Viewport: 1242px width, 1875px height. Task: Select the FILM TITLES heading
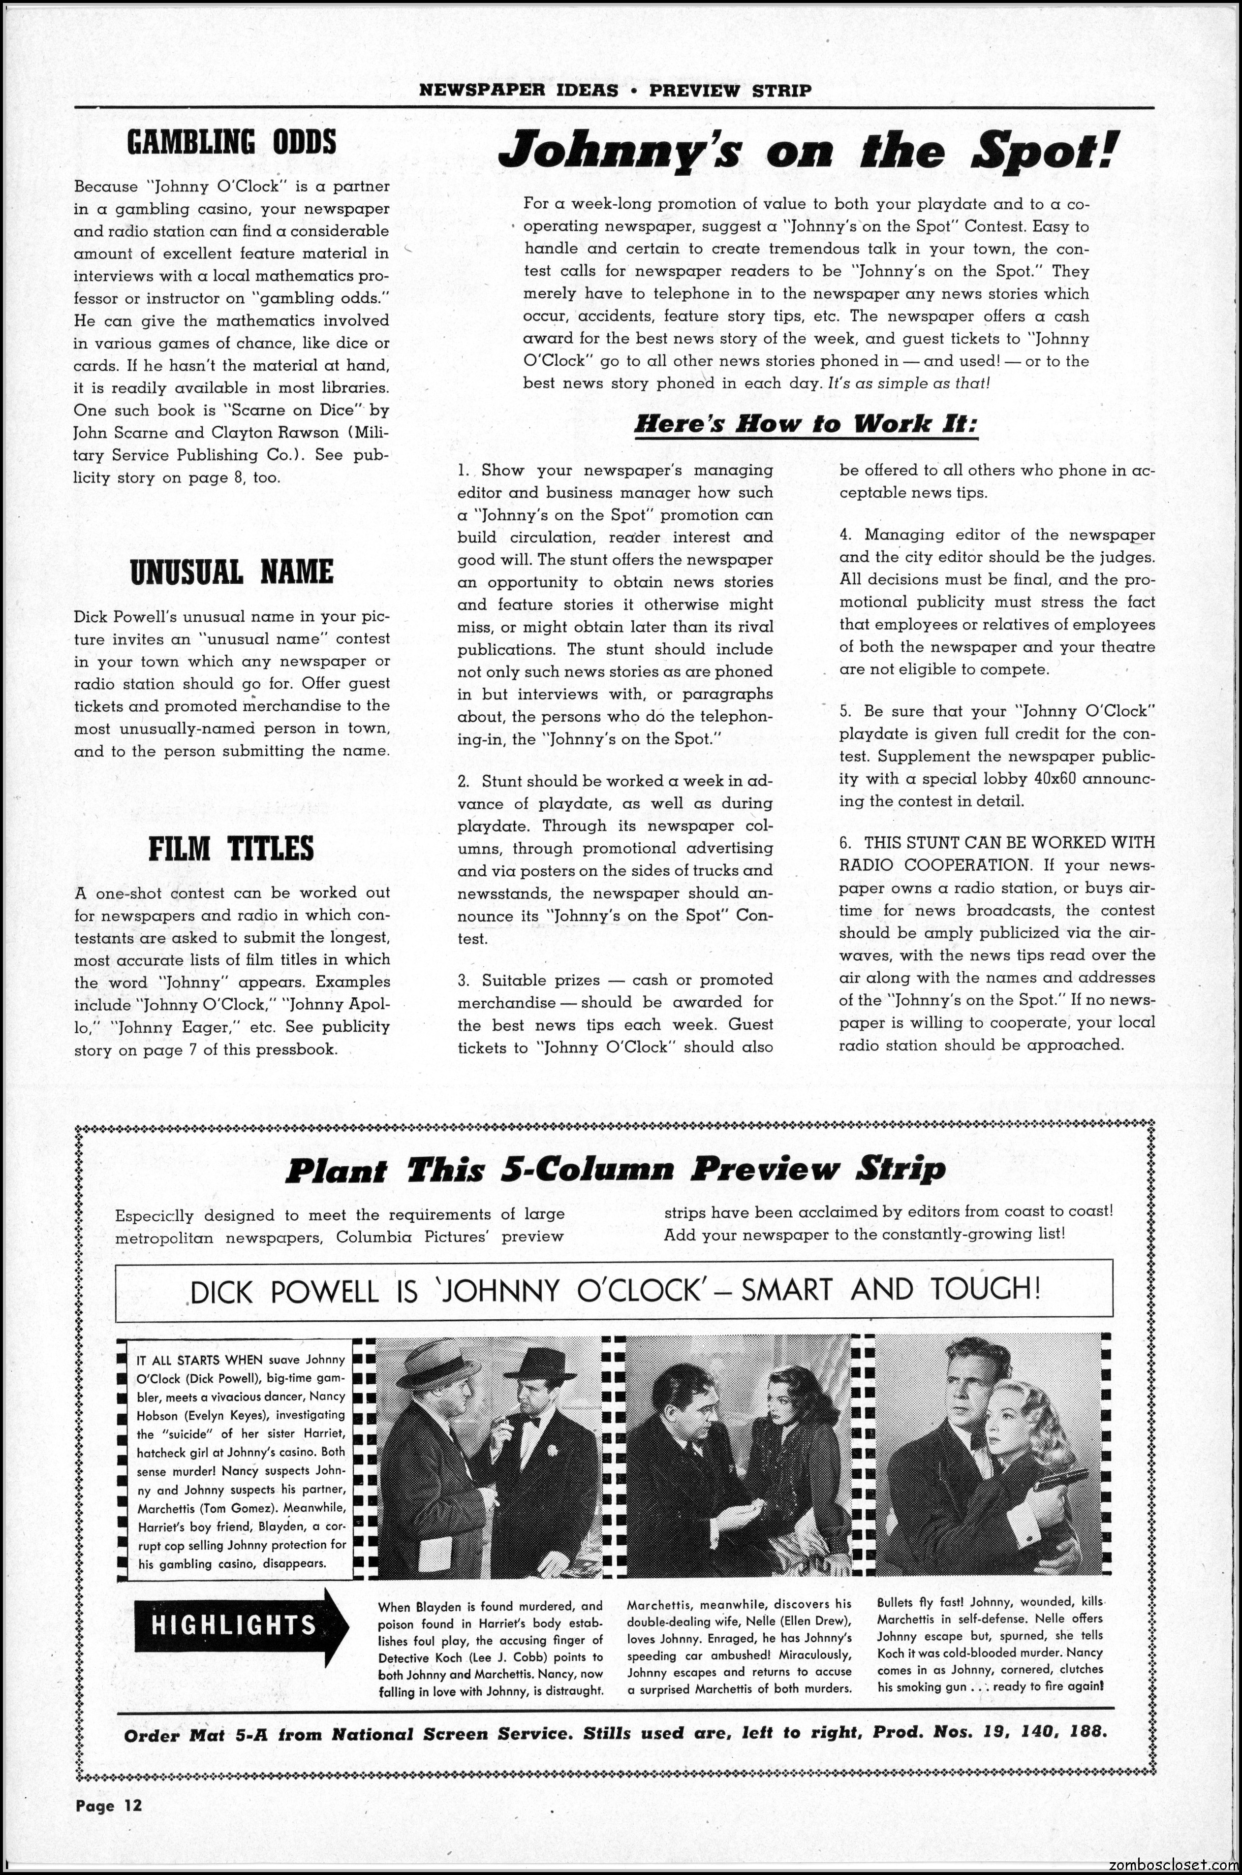click(x=231, y=848)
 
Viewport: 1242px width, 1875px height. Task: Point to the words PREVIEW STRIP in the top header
click(x=730, y=90)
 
